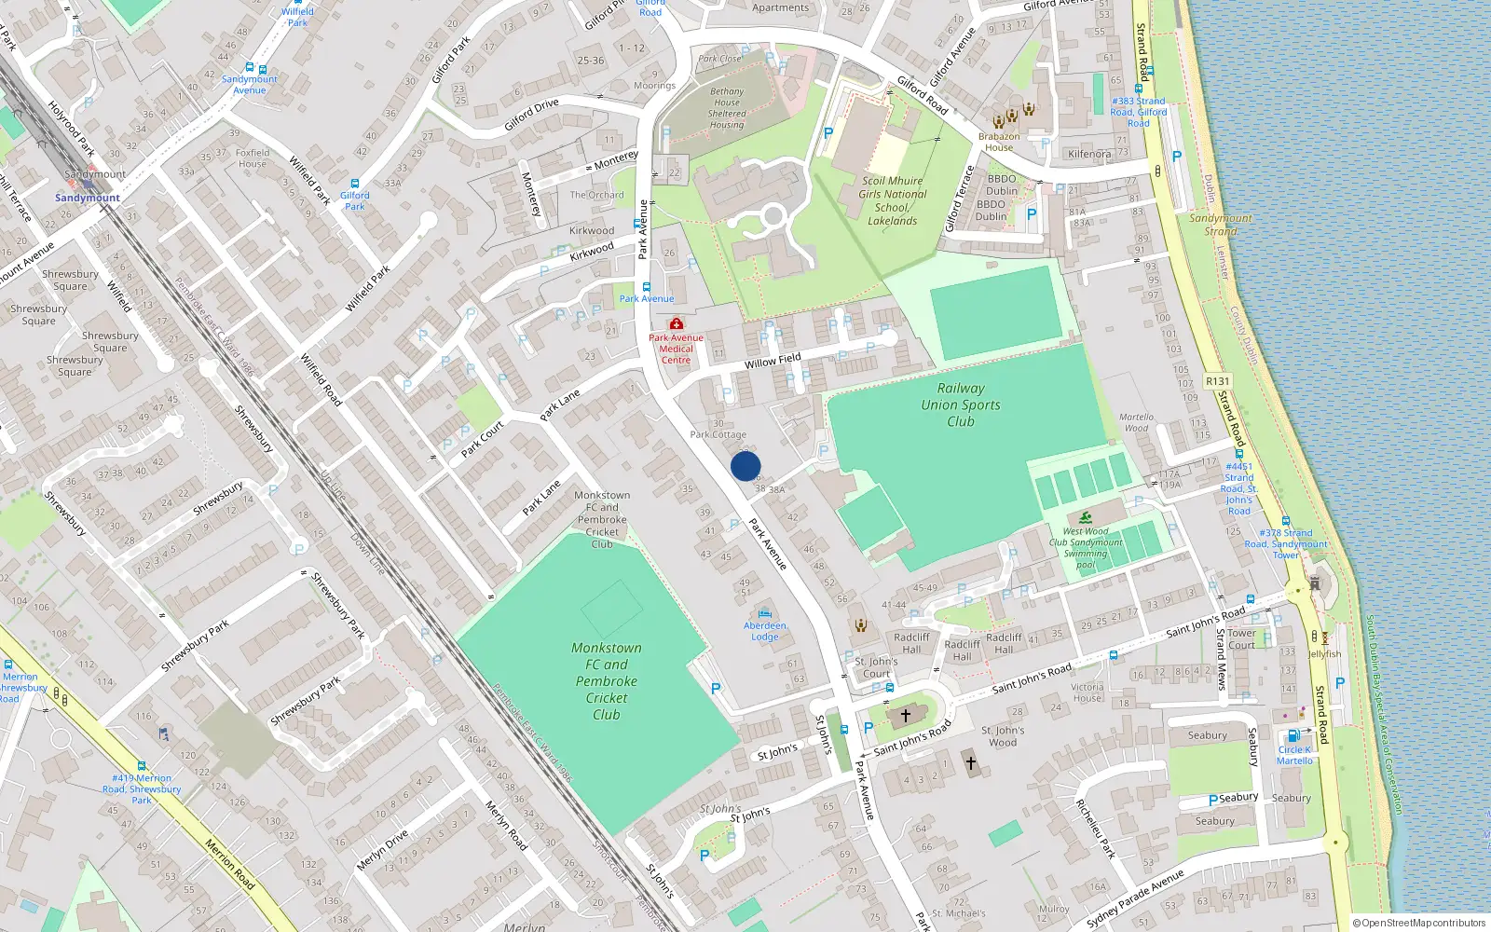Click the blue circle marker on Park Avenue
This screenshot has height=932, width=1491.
745,466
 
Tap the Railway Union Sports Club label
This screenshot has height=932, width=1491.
961,404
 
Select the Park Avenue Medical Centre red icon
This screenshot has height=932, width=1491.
677,323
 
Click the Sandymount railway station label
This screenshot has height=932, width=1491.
88,198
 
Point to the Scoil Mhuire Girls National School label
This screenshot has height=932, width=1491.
893,200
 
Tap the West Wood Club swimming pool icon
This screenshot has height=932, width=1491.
1086,518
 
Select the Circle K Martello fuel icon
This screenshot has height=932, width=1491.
1293,736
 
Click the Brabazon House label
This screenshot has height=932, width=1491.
999,142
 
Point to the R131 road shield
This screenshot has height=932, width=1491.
1217,381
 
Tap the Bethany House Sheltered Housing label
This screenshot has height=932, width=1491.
727,108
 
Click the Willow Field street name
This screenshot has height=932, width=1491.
773,361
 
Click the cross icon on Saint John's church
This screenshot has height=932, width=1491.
905,716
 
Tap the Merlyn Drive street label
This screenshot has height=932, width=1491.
382,850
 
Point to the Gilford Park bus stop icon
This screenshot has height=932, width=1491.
355,184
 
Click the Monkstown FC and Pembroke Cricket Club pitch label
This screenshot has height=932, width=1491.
607,680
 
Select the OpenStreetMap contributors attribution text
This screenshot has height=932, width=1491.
1418,923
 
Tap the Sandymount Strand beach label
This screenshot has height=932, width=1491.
1221,224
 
